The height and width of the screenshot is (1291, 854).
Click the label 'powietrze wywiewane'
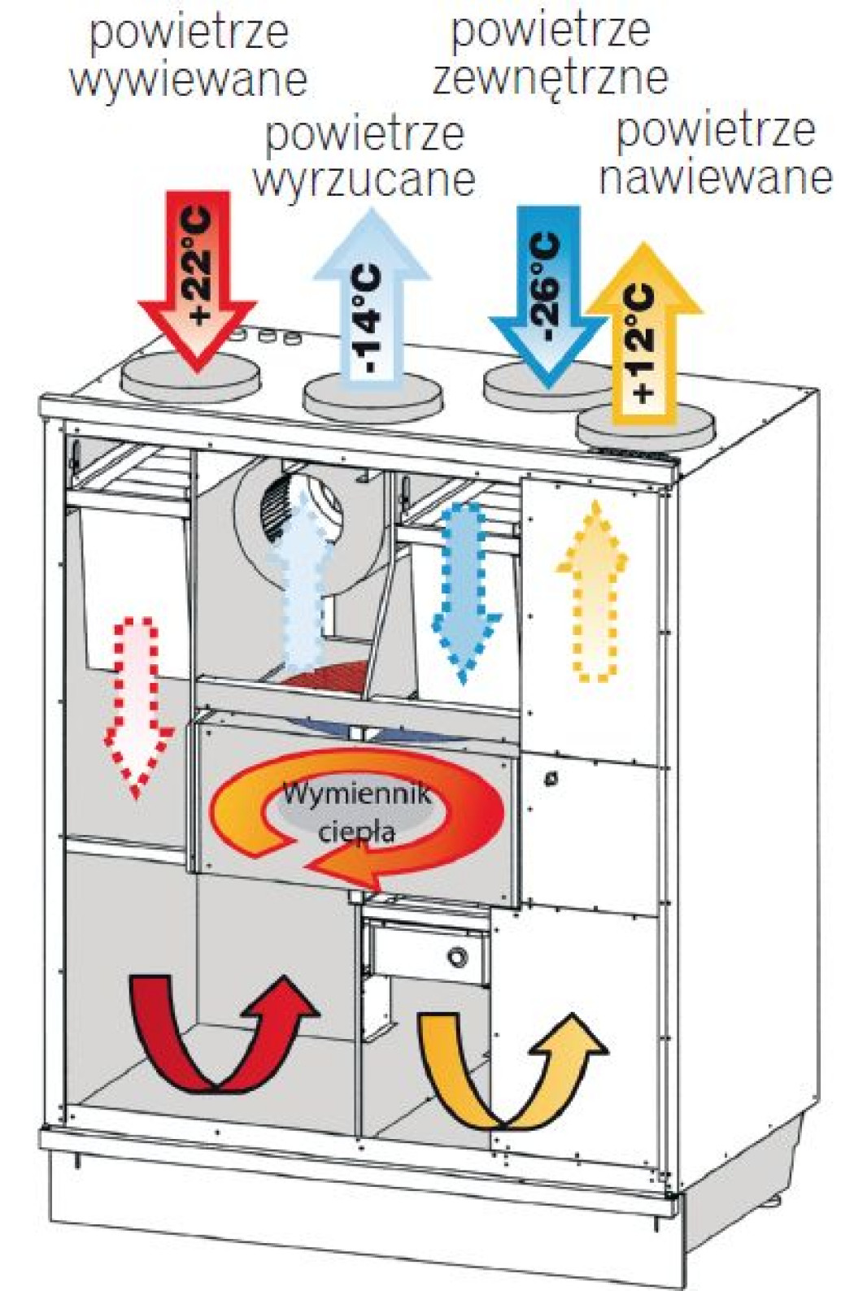188,57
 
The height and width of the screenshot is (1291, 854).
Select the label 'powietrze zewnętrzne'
550,54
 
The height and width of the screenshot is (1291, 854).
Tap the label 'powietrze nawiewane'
716,154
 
